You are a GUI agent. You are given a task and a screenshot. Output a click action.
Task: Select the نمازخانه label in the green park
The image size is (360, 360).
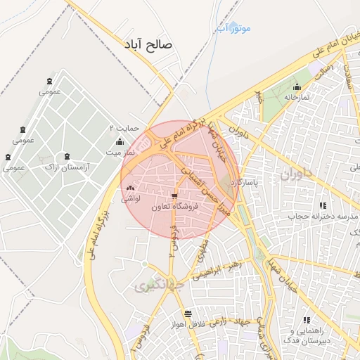[297, 97]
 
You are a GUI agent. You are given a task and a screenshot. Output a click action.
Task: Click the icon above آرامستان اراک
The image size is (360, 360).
[66, 156]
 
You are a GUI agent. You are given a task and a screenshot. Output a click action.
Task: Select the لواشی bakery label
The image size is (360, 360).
[130, 198]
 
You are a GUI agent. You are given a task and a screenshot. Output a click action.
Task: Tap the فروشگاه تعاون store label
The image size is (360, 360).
[175, 207]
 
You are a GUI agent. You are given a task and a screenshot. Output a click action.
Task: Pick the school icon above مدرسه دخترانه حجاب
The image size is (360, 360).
[322, 206]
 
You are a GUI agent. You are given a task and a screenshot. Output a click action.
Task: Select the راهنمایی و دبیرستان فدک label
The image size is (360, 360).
[309, 335]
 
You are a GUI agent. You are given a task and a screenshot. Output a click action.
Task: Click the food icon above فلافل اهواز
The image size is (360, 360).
[187, 314]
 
